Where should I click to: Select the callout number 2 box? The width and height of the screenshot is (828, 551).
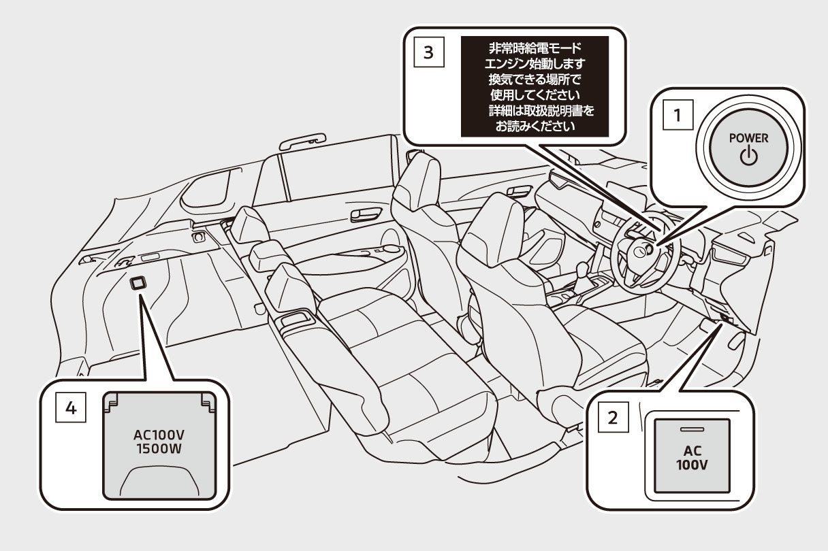pyautogui.click(x=612, y=417)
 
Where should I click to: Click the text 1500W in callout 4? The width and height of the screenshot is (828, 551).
pyautogui.click(x=160, y=450)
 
